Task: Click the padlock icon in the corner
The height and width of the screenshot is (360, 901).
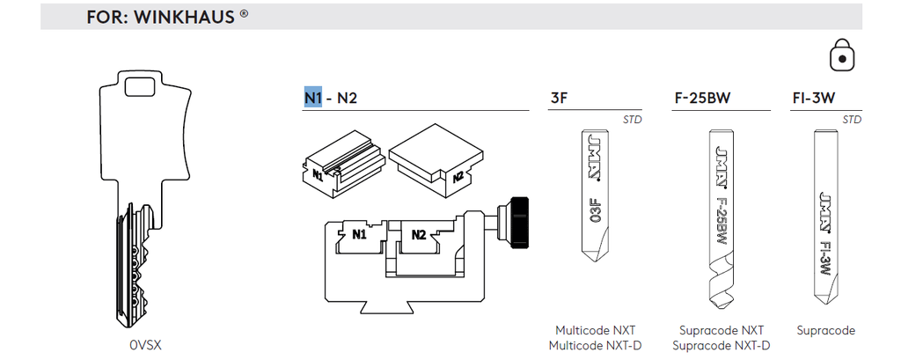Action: (x=842, y=55)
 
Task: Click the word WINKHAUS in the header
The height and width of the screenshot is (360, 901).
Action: (x=185, y=17)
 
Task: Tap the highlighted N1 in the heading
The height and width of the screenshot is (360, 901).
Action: (x=313, y=99)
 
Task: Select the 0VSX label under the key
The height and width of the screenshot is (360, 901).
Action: (x=145, y=346)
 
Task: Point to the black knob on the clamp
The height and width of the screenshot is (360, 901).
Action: (x=519, y=224)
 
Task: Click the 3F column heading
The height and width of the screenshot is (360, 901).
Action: (x=559, y=99)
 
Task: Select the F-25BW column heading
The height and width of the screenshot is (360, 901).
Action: (x=702, y=99)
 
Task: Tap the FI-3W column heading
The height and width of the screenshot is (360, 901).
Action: (x=813, y=99)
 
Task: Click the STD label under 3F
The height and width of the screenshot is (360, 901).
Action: (x=633, y=121)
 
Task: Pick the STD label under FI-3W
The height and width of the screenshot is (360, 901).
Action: (x=852, y=121)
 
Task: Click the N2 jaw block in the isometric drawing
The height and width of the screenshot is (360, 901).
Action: (x=436, y=160)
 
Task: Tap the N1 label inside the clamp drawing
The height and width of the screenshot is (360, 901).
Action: (x=359, y=235)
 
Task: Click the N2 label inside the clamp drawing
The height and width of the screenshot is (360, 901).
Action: (x=419, y=235)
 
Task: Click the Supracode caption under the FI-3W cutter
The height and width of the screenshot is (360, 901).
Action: (x=825, y=331)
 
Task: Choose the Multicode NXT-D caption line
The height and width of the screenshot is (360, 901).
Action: (x=595, y=346)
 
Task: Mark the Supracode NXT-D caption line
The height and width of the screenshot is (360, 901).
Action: (x=722, y=346)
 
